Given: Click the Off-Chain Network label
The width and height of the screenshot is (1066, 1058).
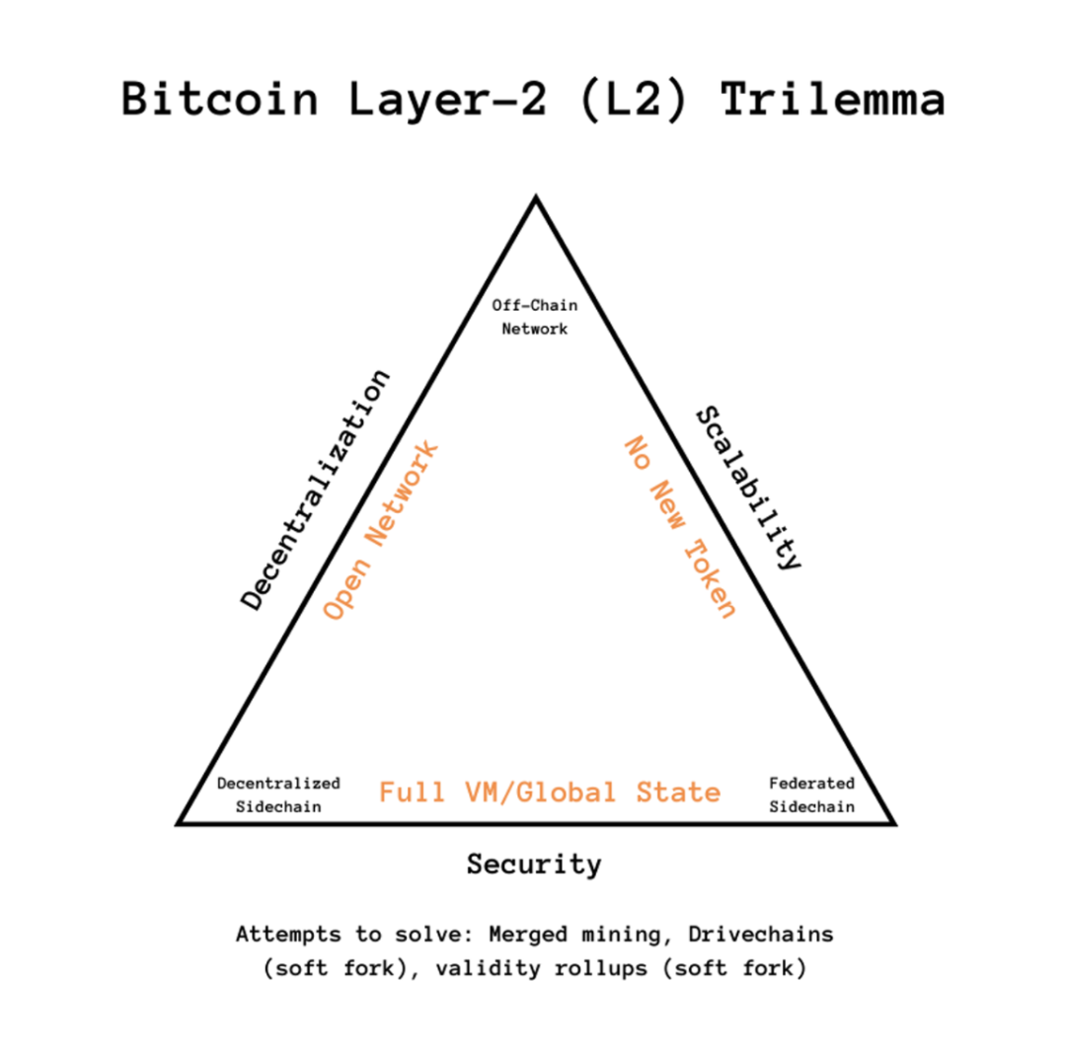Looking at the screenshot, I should pyautogui.click(x=535, y=318).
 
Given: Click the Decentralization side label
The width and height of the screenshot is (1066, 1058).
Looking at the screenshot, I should pyautogui.click(x=316, y=491).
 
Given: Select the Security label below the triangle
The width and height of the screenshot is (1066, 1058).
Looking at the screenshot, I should pyautogui.click(x=534, y=866).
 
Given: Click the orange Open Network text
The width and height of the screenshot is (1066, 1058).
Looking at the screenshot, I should pyautogui.click(x=381, y=531).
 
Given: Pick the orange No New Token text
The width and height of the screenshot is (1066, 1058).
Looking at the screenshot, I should pyautogui.click(x=681, y=527).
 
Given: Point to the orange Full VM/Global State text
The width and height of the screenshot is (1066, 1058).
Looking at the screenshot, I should pyautogui.click(x=550, y=793).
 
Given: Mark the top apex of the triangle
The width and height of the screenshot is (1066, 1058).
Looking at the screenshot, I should pyautogui.click(x=535, y=199).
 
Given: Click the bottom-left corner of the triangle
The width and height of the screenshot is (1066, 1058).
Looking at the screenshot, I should pyautogui.click(x=181, y=821).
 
